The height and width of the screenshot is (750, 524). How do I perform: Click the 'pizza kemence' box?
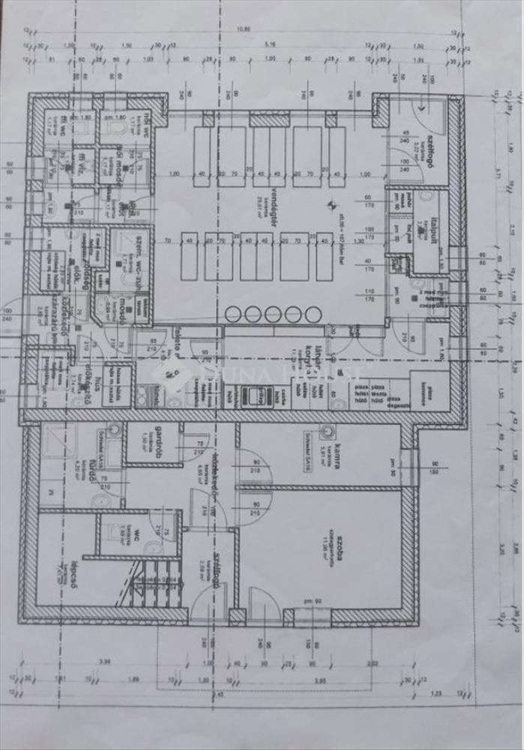pyautogui.click(x=430, y=387)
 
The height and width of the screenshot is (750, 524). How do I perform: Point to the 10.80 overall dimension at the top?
pyautogui.click(x=242, y=29)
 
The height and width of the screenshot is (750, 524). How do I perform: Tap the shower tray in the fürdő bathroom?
pyautogui.click(x=58, y=442)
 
